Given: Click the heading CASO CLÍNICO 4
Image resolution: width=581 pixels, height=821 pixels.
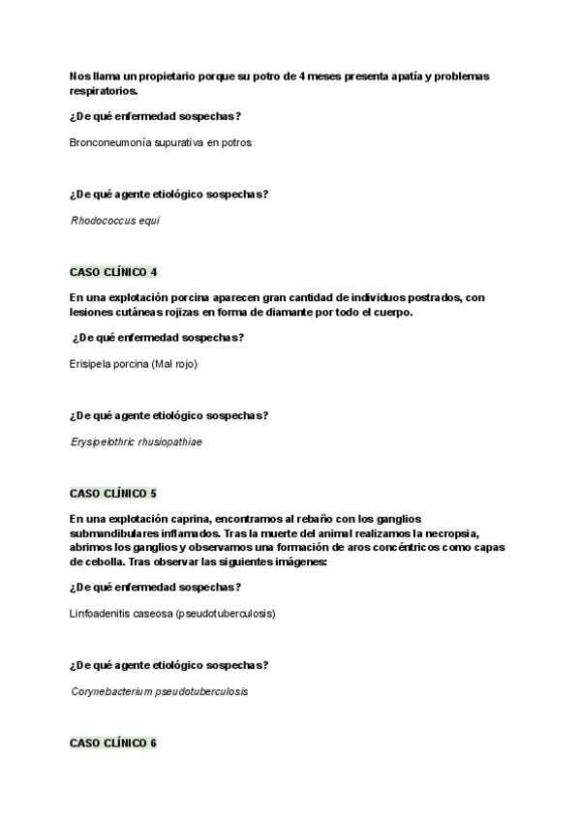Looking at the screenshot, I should point(113,272).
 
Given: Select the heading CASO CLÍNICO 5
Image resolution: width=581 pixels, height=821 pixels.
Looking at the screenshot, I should point(113,493).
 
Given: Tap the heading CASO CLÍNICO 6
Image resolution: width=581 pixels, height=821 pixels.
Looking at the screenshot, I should point(113,743).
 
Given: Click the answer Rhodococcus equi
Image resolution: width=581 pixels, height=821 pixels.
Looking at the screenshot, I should point(115,220).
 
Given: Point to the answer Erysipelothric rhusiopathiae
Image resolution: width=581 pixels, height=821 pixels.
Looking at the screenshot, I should point(137,441).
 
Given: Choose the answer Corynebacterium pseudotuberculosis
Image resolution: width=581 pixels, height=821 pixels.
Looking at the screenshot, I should point(160,691).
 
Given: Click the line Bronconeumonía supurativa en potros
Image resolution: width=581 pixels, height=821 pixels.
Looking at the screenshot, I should point(161,142).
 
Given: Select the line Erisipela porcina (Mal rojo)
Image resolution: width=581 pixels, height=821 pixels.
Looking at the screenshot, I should point(134,363).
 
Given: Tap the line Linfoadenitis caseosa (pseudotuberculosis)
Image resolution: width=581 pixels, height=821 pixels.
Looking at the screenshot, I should point(172,613).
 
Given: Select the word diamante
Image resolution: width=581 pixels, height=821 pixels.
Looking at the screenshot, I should point(294,312).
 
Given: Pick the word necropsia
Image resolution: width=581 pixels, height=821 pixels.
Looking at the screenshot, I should point(478,532).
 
